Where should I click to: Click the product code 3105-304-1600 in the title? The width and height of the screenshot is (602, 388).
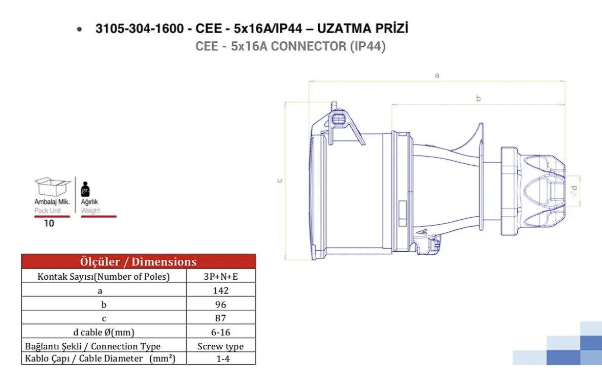pyautogui.click(x=140, y=28)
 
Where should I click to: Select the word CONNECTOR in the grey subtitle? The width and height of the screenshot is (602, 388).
pyautogui.click(x=308, y=46)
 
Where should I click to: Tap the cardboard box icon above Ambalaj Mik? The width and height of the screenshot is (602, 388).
pyautogui.click(x=53, y=187)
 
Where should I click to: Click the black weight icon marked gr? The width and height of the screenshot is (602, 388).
pyautogui.click(x=85, y=189)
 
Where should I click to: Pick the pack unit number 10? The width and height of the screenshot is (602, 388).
pyautogui.click(x=49, y=223)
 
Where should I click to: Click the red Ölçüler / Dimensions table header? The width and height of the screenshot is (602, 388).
pyautogui.click(x=139, y=261)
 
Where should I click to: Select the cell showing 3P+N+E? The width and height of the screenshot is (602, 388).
pyautogui.click(x=221, y=276)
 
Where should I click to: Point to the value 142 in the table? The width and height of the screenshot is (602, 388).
pyautogui.click(x=221, y=290)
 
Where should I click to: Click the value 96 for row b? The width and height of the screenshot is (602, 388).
pyautogui.click(x=221, y=304)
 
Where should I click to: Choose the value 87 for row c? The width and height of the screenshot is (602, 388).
pyautogui.click(x=221, y=318)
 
